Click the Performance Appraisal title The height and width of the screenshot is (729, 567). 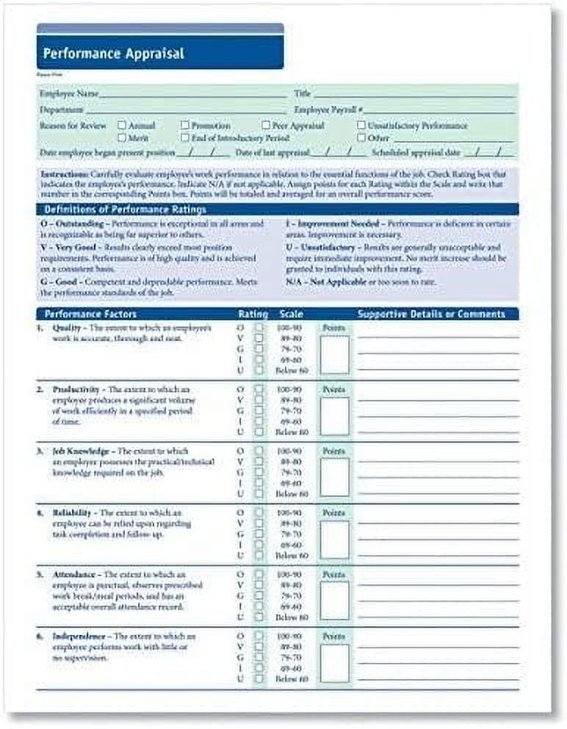click(x=114, y=54)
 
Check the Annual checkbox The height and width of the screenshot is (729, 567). click(x=122, y=126)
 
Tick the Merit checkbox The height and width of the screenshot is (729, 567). click(x=122, y=137)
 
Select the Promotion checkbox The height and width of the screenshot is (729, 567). click(x=185, y=126)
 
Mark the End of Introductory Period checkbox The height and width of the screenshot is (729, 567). click(x=185, y=137)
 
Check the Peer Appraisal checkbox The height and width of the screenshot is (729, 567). click(x=266, y=126)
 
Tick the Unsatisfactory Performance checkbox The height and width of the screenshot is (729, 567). click(x=361, y=126)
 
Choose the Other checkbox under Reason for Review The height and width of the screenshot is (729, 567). click(x=361, y=137)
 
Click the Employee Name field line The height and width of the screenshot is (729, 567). click(x=192, y=96)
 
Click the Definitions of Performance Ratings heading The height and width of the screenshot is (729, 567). click(x=122, y=209)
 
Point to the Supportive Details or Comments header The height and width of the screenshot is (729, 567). click(x=431, y=314)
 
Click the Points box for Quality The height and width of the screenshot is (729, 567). click(x=334, y=355)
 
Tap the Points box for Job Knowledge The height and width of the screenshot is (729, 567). click(x=334, y=478)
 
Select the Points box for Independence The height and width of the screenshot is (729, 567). click(x=334, y=663)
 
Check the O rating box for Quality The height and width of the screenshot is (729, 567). click(x=259, y=327)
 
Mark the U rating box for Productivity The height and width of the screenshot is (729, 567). click(x=259, y=432)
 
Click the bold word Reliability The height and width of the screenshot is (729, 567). click(x=72, y=512)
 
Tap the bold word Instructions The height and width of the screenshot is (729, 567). click(x=62, y=174)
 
